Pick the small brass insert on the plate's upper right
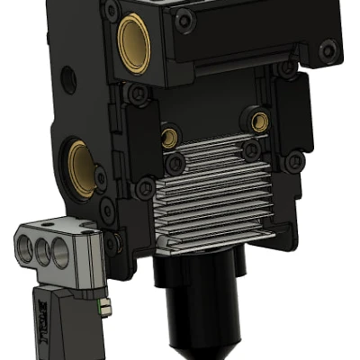(260, 121)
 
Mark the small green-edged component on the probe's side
(106, 307)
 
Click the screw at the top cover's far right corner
(329, 48)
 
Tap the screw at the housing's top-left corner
(111, 12)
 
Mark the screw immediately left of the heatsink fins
(144, 188)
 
